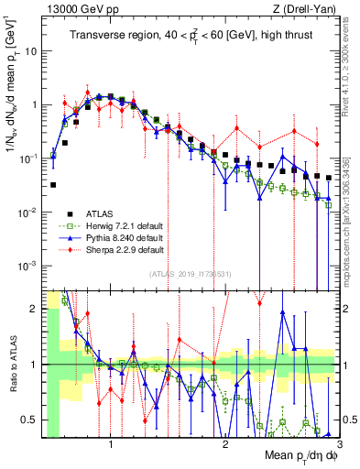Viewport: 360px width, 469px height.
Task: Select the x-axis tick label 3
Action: pos(338,442)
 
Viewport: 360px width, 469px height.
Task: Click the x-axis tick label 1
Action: pos(111,442)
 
